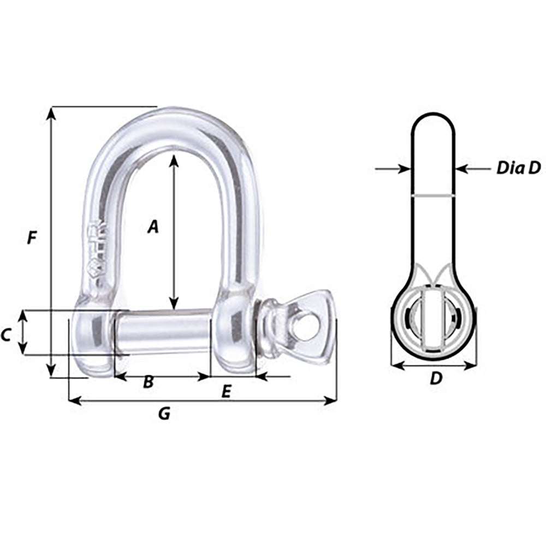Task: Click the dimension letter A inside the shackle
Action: pyautogui.click(x=153, y=226)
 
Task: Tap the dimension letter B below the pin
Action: pyautogui.click(x=148, y=382)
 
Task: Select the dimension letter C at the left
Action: pyautogui.click(x=6, y=335)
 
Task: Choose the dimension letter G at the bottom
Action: pyautogui.click(x=164, y=414)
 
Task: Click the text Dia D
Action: pyautogui.click(x=518, y=168)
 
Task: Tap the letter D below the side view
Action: pyautogui.click(x=435, y=378)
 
